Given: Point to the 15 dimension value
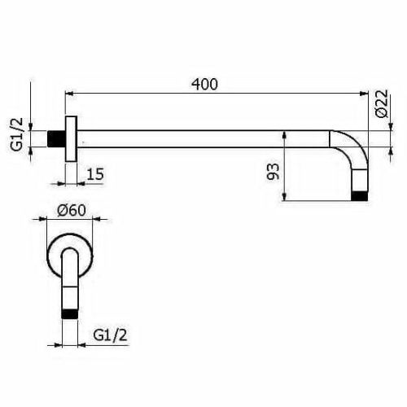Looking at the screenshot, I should click(x=94, y=173).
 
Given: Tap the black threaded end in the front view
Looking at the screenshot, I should click(x=70, y=311).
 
